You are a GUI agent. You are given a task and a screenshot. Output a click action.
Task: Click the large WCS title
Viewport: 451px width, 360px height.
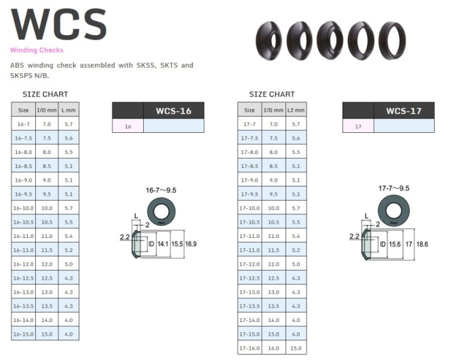pyautogui.click(x=59, y=24)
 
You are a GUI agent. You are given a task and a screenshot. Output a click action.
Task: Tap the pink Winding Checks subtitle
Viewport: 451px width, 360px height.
pyautogui.click(x=37, y=50)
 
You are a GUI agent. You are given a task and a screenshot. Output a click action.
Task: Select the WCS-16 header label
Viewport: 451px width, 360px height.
pyautogui.click(x=174, y=111)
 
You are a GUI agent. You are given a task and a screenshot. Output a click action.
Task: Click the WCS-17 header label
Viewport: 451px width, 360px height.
pyautogui.click(x=404, y=111)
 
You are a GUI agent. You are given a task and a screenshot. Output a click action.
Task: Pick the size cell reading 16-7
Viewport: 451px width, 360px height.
pyautogui.click(x=23, y=124)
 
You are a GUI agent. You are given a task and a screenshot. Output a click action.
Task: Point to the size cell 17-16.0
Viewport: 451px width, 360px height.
pyautogui.click(x=250, y=348)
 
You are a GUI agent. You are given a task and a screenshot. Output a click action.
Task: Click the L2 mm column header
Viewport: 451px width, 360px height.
pyautogui.click(x=296, y=110)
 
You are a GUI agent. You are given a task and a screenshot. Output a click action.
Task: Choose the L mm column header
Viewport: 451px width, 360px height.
pyautogui.click(x=68, y=110)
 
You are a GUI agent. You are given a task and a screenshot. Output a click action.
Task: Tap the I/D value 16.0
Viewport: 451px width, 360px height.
pyautogui.click(x=273, y=348)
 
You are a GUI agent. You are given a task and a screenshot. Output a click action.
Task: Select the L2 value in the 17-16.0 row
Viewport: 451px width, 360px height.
pyautogui.click(x=296, y=348)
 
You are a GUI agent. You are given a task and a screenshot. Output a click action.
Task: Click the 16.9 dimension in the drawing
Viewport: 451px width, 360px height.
pyautogui.click(x=191, y=244)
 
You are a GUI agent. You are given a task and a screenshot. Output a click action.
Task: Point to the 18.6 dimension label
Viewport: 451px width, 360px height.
pyautogui.click(x=422, y=245)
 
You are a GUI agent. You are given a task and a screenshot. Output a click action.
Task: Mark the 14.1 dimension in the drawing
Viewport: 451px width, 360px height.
pyautogui.click(x=163, y=244)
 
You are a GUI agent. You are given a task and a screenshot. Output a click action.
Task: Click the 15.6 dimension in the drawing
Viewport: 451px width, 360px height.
pyautogui.click(x=395, y=245)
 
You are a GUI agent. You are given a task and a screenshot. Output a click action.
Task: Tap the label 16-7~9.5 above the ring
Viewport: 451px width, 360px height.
pyautogui.click(x=161, y=191)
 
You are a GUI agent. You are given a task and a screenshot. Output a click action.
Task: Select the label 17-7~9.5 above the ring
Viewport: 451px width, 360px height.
pyautogui.click(x=394, y=188)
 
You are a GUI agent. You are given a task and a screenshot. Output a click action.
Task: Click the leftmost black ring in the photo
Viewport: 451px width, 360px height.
pyautogui.click(x=269, y=41)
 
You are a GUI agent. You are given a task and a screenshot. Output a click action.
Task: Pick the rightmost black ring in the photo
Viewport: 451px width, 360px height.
pyautogui.click(x=392, y=41)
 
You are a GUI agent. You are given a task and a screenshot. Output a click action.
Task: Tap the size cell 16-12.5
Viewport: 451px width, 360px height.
pyautogui.click(x=23, y=279)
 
